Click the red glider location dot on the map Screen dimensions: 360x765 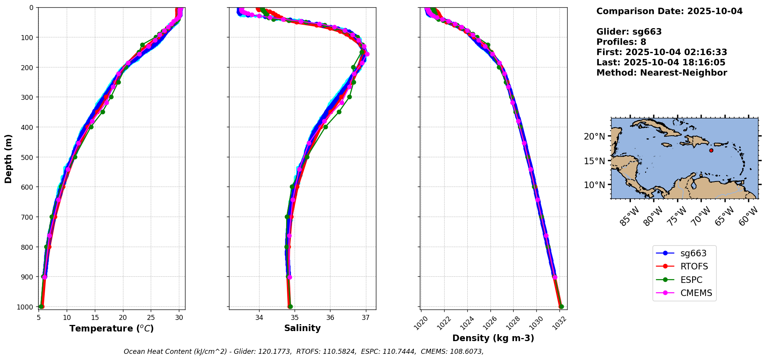(x=711, y=150)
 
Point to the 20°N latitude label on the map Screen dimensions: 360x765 (x=594, y=136)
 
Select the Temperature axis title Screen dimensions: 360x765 (x=111, y=328)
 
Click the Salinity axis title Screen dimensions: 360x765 (x=302, y=328)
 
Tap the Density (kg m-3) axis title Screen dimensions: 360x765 (x=493, y=338)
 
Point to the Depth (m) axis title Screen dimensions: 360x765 (x=8, y=158)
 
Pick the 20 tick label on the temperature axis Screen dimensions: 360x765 (x=123, y=318)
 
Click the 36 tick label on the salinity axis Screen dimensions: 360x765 (x=330, y=318)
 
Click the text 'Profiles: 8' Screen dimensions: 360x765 (x=621, y=42)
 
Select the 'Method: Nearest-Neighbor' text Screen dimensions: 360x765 (x=662, y=73)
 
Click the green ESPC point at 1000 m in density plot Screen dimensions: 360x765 (x=561, y=307)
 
